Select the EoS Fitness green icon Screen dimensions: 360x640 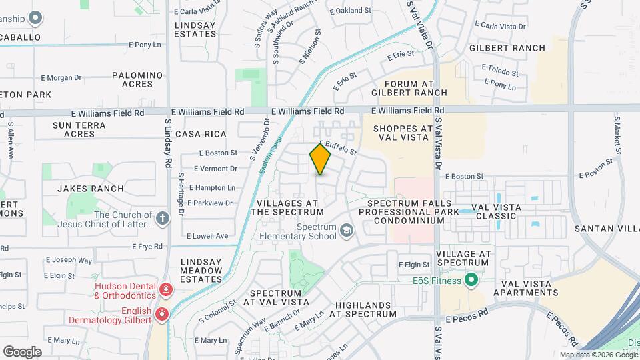[x=471, y=280]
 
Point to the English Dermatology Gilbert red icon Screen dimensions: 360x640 [x=161, y=314]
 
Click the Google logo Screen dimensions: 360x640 [x=22, y=351]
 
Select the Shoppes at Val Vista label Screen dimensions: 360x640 [x=403, y=133]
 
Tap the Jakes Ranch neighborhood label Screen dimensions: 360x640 [x=91, y=189]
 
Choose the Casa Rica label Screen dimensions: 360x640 [x=197, y=134]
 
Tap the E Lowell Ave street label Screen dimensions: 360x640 [x=207, y=236]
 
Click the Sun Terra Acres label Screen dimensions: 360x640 [x=79, y=129]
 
